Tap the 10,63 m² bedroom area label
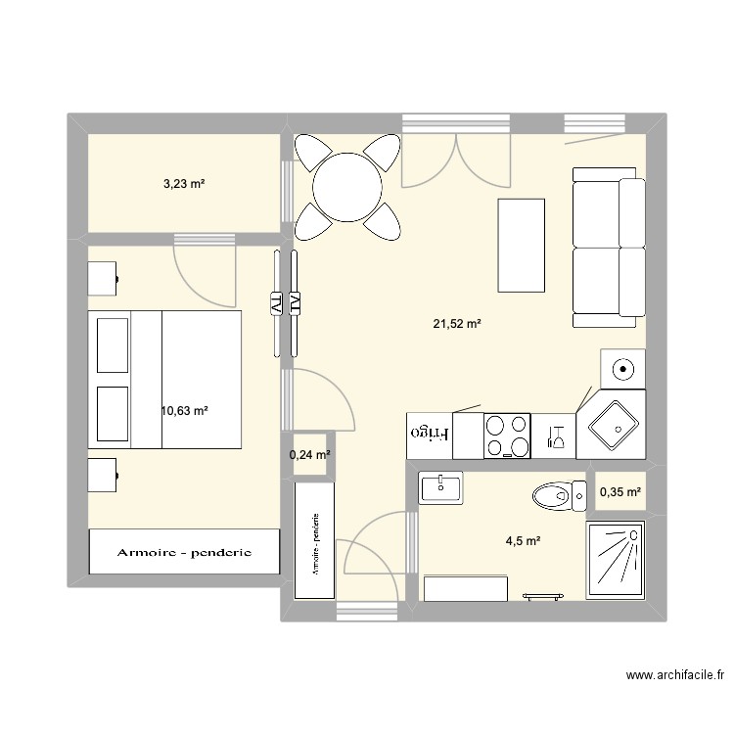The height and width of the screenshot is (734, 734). pyautogui.click(x=185, y=411)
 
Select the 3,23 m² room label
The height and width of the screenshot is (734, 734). pyautogui.click(x=183, y=183)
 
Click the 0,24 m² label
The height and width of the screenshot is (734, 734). pyautogui.click(x=309, y=454)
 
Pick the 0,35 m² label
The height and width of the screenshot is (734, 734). pyautogui.click(x=620, y=493)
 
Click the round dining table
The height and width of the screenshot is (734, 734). pyautogui.click(x=346, y=185)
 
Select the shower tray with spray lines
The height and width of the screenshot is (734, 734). pyautogui.click(x=616, y=560)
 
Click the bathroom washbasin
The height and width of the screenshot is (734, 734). pyautogui.click(x=446, y=486)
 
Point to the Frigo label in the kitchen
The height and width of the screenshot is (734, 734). pyautogui.click(x=431, y=432)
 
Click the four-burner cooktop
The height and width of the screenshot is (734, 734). pyautogui.click(x=507, y=436)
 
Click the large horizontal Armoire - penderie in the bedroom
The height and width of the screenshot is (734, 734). pyautogui.click(x=184, y=552)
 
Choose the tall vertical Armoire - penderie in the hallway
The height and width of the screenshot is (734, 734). pyautogui.click(x=315, y=540)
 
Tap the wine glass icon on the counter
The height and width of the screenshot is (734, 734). pyautogui.click(x=557, y=435)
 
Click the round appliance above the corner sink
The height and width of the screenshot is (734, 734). pyautogui.click(x=622, y=369)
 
